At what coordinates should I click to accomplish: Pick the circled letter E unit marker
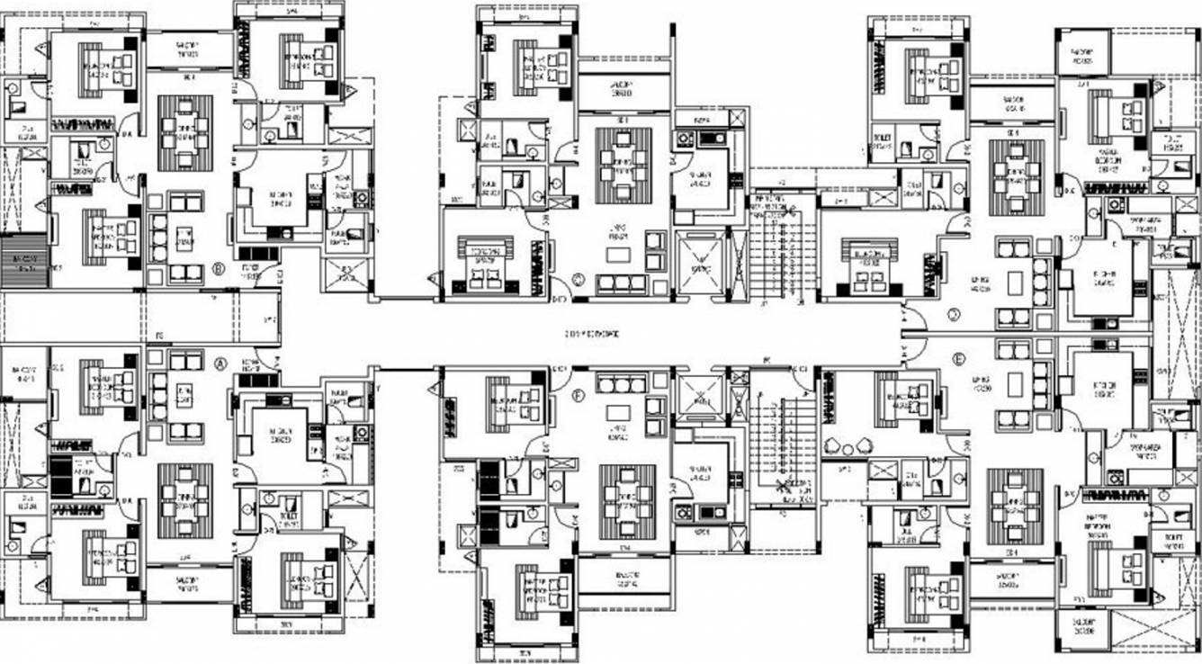959,358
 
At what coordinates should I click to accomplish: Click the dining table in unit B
185,133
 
